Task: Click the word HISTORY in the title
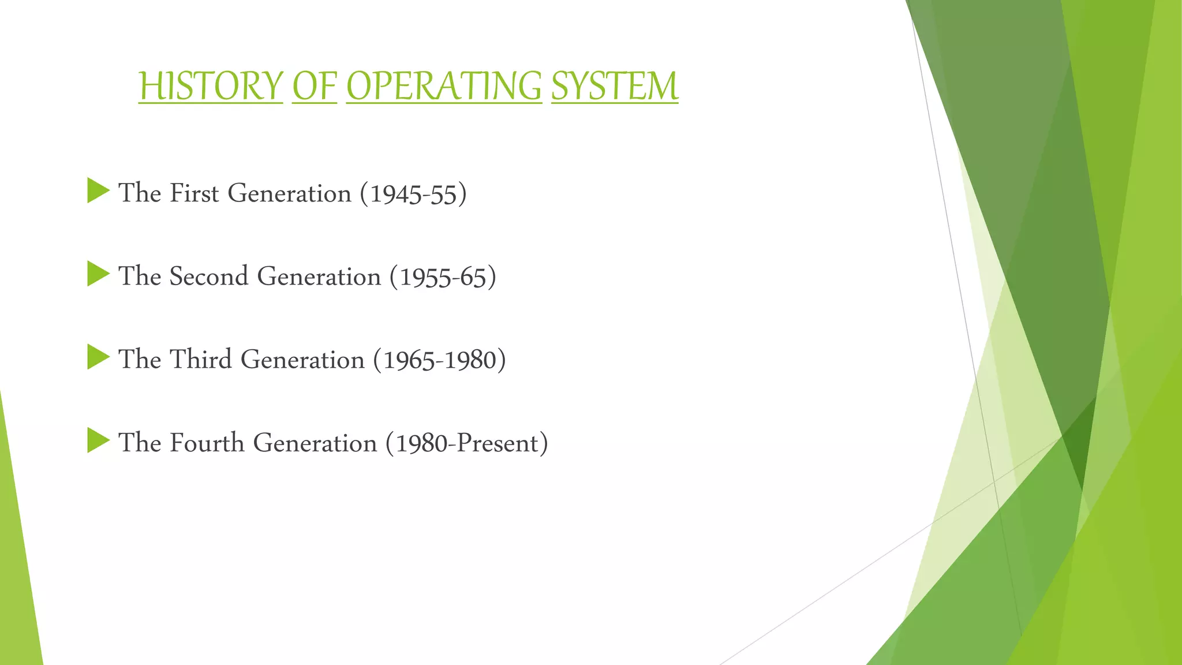[x=211, y=86]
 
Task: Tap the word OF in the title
[x=314, y=86]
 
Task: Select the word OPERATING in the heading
[x=444, y=86]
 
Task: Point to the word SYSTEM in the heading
[x=615, y=86]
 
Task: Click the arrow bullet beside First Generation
[x=98, y=191]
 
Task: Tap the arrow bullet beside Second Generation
[x=98, y=274]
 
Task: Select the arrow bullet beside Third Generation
[x=98, y=357]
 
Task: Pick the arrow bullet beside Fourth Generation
[x=98, y=441]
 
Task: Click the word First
[x=194, y=193]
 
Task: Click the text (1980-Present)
[x=466, y=443]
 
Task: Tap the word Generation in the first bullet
[x=289, y=193]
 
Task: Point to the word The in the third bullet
[x=139, y=359]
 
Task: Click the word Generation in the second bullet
[x=319, y=276]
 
